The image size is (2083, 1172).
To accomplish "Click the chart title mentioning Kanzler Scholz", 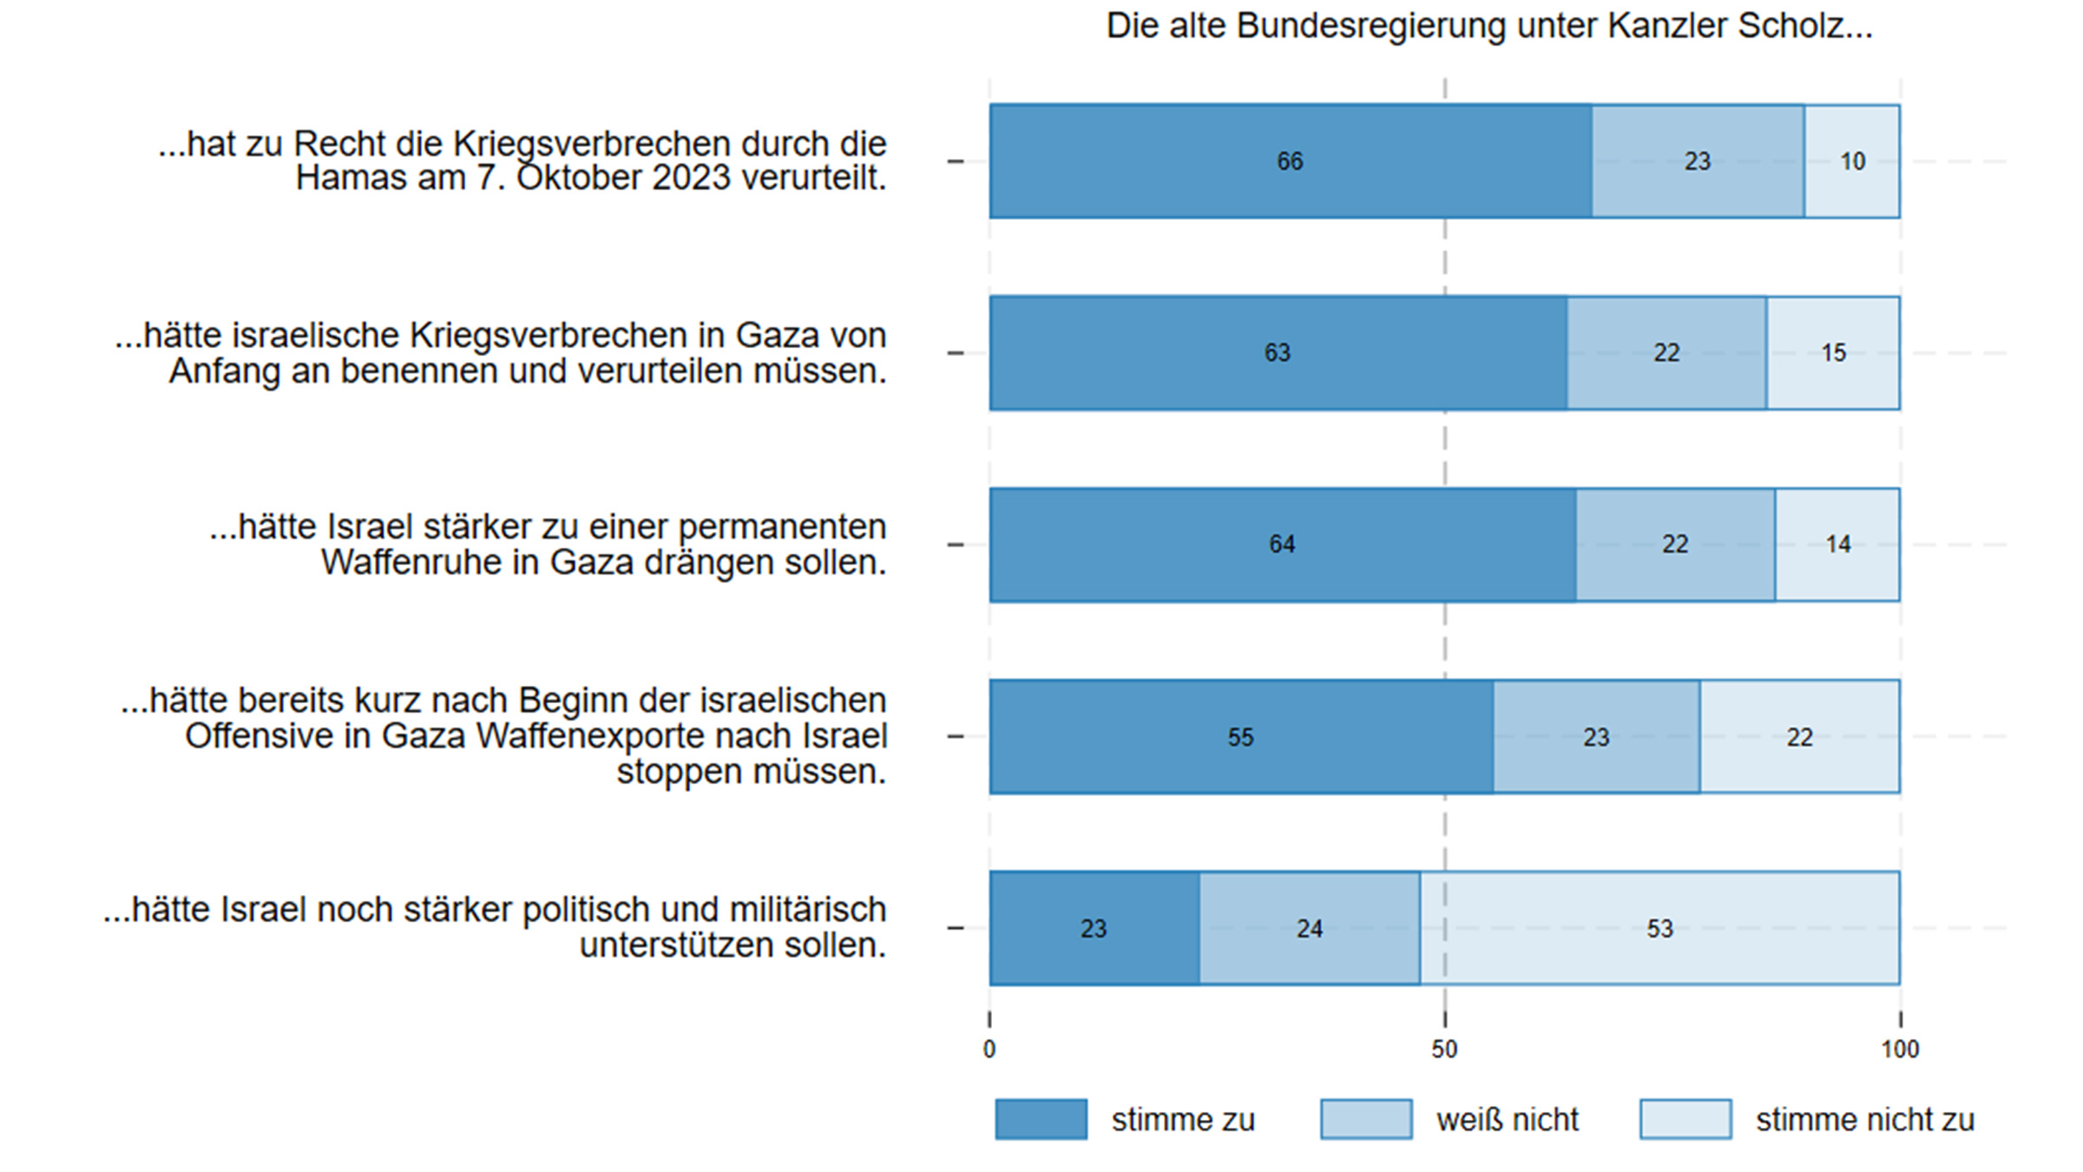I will [1489, 26].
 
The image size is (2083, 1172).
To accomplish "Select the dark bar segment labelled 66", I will [1291, 161].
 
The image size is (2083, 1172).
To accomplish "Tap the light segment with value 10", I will [1852, 161].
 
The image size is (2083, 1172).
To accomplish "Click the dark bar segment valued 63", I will [1278, 352].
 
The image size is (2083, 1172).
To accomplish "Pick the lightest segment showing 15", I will [1833, 352].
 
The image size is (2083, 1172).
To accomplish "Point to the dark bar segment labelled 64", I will [1282, 544].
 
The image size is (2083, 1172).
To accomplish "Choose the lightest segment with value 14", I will [1837, 544].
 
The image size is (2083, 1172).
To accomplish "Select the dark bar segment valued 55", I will [1240, 737].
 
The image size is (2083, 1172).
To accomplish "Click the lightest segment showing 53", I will [1659, 928].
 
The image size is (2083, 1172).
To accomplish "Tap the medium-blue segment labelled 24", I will [1310, 928].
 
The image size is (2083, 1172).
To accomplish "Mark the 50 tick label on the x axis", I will [1444, 1050].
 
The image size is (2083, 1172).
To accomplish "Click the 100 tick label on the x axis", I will [1900, 1050].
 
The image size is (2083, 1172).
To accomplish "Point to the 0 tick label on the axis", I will [989, 1050].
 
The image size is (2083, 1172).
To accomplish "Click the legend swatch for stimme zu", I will [1041, 1119].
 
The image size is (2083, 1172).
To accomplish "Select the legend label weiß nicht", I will [1508, 1120].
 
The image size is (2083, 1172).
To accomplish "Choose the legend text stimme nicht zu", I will [1865, 1120].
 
